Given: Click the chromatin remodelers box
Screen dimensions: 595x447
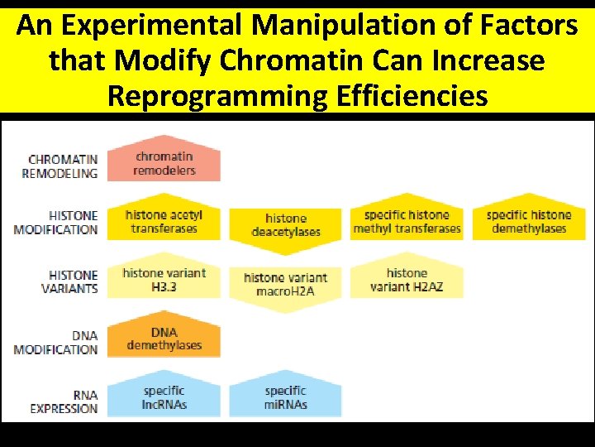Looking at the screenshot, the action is [164, 163].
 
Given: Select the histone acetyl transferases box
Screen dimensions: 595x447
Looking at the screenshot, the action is [164, 221].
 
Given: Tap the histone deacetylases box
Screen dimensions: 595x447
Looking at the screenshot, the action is [285, 225].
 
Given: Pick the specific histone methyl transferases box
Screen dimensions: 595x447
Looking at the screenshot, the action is [407, 222].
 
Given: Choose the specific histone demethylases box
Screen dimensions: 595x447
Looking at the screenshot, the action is [529, 222].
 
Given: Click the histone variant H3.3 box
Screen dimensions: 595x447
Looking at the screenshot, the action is [164, 279].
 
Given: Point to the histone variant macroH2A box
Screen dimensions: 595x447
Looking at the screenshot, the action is [285, 283].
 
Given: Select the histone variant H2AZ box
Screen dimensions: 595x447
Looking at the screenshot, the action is [407, 280].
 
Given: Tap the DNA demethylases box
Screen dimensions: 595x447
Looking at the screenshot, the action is [164, 339].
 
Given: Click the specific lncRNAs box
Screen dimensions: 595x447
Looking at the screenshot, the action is [164, 397].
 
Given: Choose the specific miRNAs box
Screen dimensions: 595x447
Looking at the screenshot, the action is [285, 397].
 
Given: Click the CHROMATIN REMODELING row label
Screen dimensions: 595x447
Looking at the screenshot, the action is [62, 166].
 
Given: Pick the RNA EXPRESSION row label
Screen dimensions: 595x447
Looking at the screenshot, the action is [64, 401].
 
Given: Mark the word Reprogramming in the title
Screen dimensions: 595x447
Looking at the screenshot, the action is [218, 95].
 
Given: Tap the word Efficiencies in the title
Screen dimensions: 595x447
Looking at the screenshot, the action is [412, 95].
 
